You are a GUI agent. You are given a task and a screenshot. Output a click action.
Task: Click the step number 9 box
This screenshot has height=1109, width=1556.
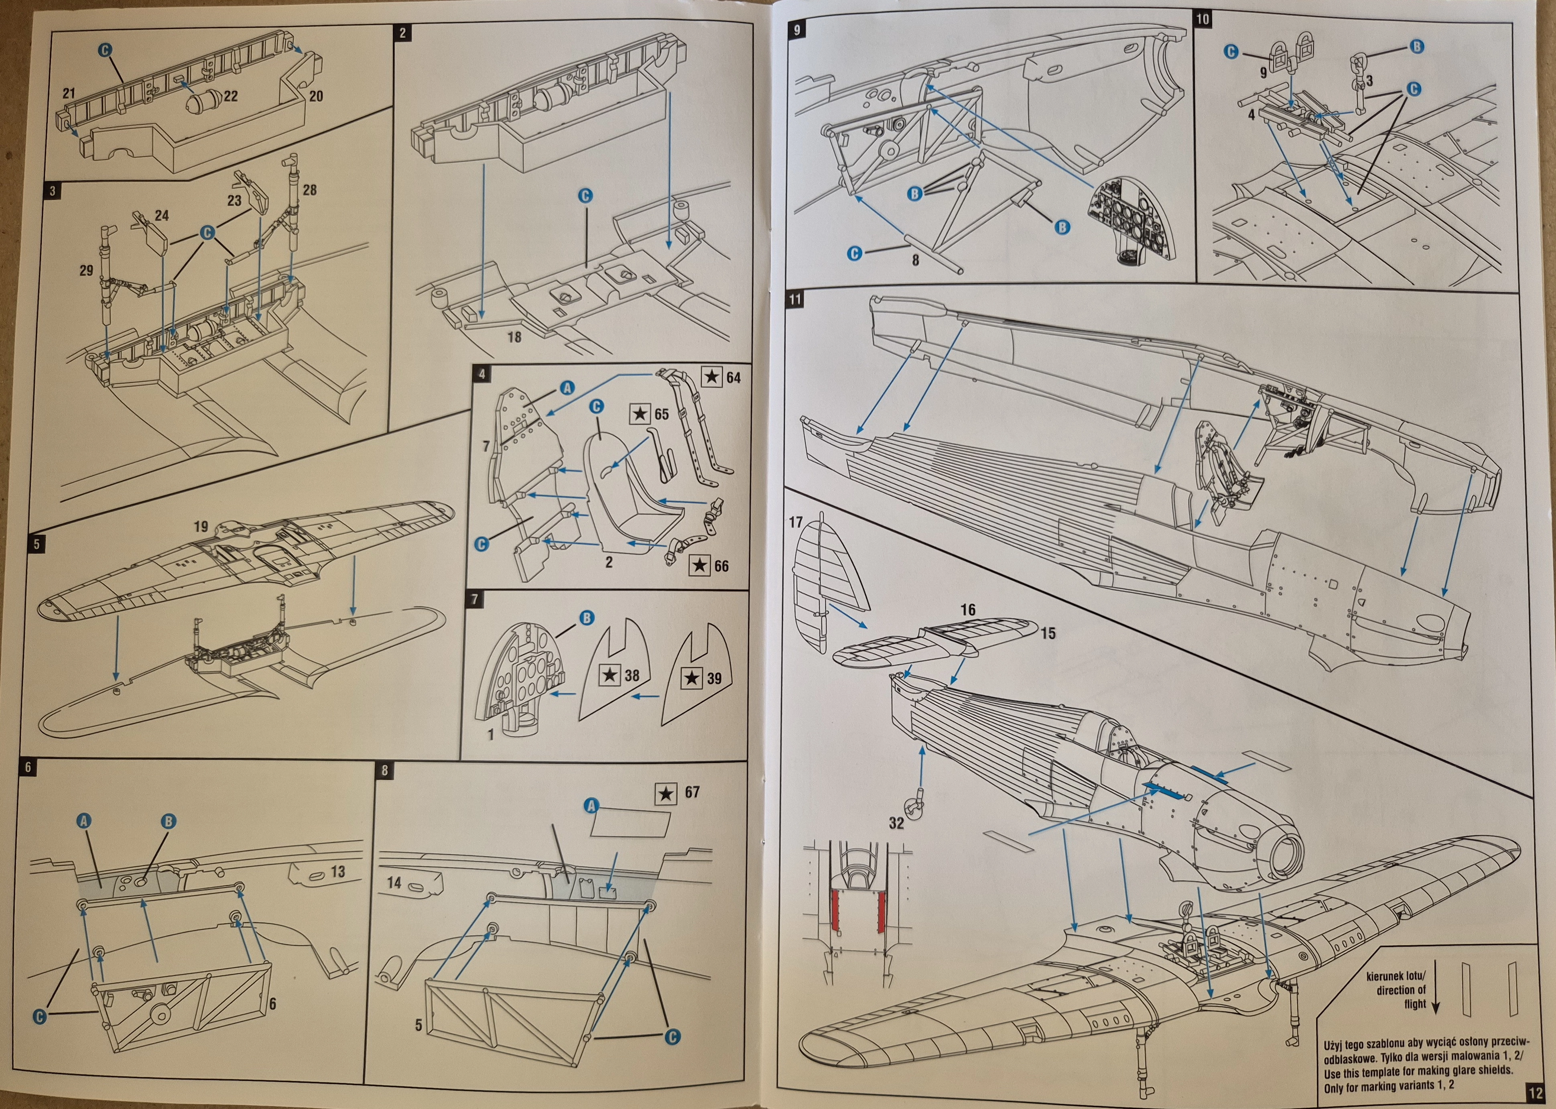point(798,30)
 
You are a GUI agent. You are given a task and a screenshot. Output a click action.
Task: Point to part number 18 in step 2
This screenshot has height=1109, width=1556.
point(514,337)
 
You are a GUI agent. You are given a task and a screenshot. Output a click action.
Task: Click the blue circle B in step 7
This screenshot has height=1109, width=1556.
point(585,619)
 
